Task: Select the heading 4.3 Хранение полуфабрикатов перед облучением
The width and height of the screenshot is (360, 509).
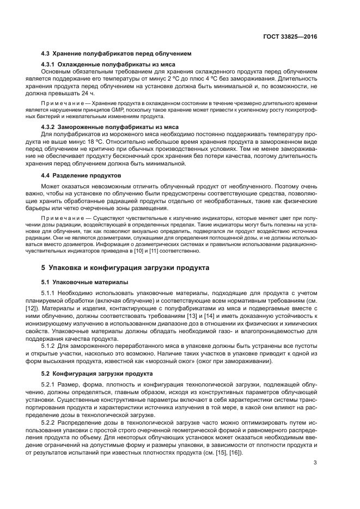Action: pos(117,54)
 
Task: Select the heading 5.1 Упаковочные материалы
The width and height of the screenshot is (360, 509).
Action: pos(85,283)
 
